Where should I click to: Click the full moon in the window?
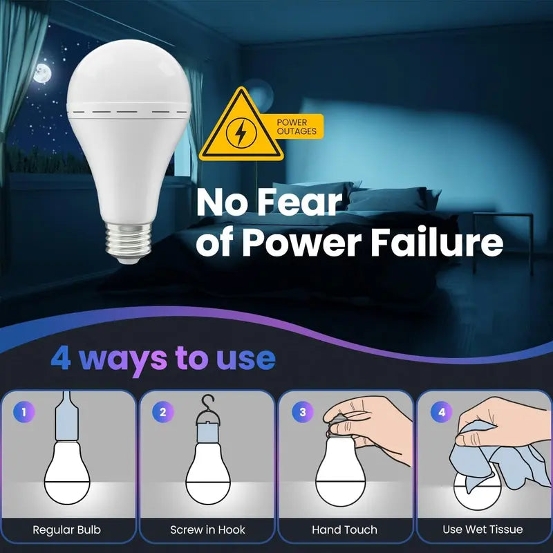tap(42, 73)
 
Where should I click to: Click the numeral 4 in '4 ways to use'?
tap(60, 358)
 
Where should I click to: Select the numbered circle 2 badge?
tap(163, 413)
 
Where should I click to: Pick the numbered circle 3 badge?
tap(302, 413)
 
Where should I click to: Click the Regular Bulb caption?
tap(66, 530)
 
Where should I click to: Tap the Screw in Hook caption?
tap(207, 530)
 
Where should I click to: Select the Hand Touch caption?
tap(344, 530)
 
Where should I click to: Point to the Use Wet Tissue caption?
tap(482, 530)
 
